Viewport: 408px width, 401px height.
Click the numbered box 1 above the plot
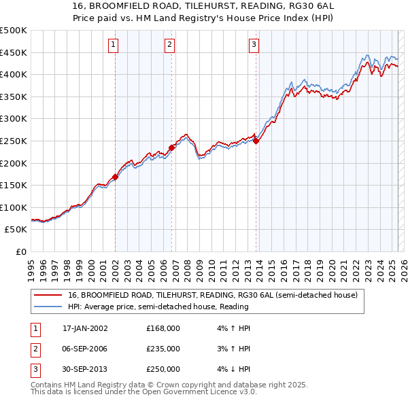[112, 46]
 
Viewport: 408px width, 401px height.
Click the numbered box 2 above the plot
[169, 46]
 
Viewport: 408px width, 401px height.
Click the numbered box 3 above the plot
[253, 46]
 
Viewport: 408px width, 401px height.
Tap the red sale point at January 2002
[115, 177]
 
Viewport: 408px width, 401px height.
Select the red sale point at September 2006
[171, 147]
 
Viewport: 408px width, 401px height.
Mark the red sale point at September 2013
[256, 141]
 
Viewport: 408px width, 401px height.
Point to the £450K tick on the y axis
[14, 52]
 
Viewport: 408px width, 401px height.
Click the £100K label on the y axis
[14, 207]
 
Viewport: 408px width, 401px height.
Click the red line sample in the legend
[49, 295]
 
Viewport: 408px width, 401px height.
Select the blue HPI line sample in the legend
[49, 307]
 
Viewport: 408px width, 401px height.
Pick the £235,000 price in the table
[163, 349]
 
